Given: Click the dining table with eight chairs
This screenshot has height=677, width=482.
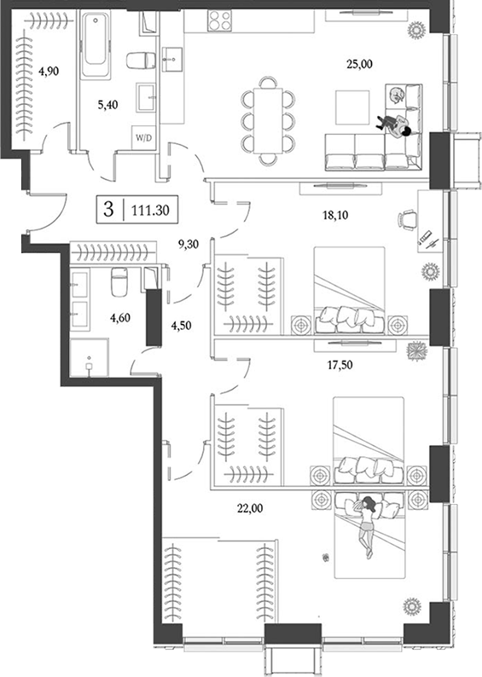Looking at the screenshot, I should (x=269, y=118).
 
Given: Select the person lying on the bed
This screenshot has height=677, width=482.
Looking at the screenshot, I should (x=366, y=526).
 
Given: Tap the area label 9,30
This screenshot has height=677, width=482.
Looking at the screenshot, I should (x=189, y=243).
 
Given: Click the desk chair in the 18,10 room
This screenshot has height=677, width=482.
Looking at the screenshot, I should (x=404, y=220).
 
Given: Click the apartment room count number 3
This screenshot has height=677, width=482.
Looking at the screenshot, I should (x=108, y=209).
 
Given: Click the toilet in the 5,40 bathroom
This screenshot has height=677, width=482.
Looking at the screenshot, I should (x=137, y=60).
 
